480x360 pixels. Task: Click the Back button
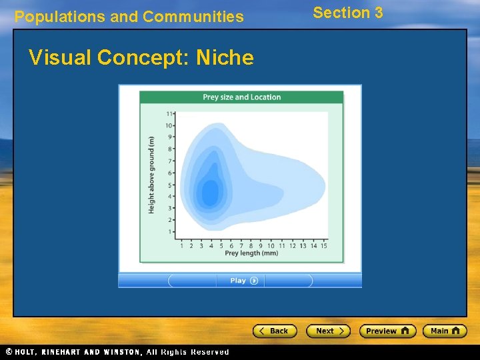click(274, 331)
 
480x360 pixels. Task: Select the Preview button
click(387, 331)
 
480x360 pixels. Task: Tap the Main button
click(445, 331)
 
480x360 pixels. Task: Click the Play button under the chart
click(240, 281)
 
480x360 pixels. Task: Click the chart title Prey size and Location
click(241, 97)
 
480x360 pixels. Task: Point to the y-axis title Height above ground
click(151, 175)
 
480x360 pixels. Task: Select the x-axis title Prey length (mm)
click(251, 253)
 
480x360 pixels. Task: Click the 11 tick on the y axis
click(169, 114)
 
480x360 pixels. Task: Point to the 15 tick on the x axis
click(323, 245)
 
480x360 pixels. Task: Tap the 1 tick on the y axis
click(169, 231)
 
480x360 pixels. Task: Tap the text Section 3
click(348, 13)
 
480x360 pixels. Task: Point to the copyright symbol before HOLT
click(9, 352)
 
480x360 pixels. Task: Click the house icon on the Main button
click(456, 331)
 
